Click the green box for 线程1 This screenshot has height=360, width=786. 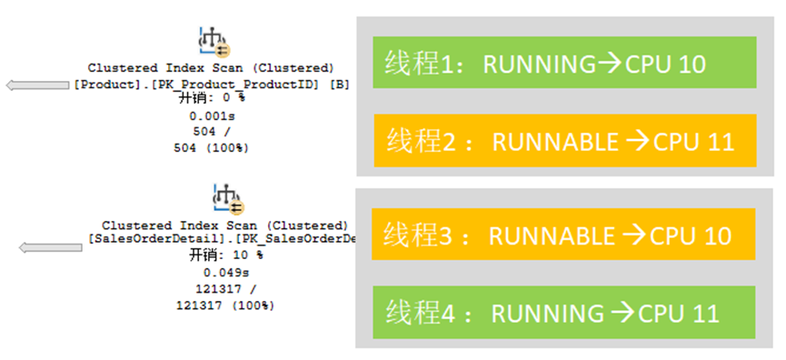[x=564, y=63]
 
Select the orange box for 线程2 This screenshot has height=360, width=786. [x=564, y=141]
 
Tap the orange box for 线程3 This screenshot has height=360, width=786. [x=564, y=235]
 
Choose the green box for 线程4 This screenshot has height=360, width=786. [x=564, y=313]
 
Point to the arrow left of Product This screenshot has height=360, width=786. [x=36, y=85]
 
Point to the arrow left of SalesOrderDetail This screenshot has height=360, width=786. [x=50, y=246]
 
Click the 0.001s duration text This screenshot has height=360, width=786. [x=211, y=116]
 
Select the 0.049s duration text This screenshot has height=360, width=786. [x=224, y=273]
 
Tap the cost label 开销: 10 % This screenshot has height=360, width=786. [x=224, y=256]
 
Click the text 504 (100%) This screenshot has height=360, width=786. [x=211, y=148]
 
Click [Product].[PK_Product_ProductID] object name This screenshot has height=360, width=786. [x=200, y=84]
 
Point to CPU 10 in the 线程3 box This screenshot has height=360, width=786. [x=691, y=235]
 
